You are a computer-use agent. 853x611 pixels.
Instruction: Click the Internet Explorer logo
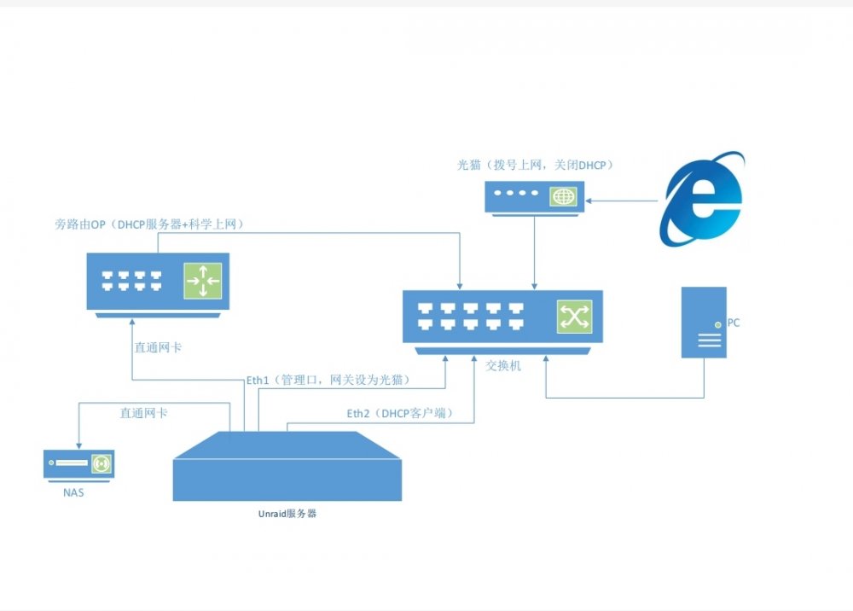pyautogui.click(x=702, y=199)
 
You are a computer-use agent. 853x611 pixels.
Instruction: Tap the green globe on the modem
pyautogui.click(x=564, y=196)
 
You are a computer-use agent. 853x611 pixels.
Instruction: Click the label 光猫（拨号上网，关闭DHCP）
pyautogui.click(x=536, y=165)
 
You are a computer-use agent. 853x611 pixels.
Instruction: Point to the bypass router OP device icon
pyautogui.click(x=158, y=285)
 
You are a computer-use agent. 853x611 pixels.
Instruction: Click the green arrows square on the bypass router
pyautogui.click(x=203, y=281)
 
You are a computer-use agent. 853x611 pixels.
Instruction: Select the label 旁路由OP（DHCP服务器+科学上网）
pyautogui.click(x=150, y=224)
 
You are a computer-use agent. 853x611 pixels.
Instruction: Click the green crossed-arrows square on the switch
pyautogui.click(x=574, y=317)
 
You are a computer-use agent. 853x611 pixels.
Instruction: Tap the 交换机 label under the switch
pyautogui.click(x=503, y=365)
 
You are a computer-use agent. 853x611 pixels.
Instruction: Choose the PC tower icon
pyautogui.click(x=704, y=322)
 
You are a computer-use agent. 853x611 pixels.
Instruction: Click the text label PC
pyautogui.click(x=734, y=323)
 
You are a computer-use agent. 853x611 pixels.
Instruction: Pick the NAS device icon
pyautogui.click(x=78, y=466)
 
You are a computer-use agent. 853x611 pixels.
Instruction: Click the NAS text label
pyautogui.click(x=73, y=492)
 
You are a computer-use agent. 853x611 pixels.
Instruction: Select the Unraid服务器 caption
pyautogui.click(x=287, y=514)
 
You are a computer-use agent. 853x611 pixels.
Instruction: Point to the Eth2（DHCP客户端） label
pyautogui.click(x=401, y=414)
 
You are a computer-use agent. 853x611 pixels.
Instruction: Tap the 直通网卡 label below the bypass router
pyautogui.click(x=159, y=347)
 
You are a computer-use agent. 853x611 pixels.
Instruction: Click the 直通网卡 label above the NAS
pyautogui.click(x=143, y=414)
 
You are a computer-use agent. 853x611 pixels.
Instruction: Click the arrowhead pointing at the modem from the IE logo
pyautogui.click(x=589, y=201)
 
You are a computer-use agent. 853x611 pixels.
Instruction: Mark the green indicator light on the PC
pyautogui.click(x=718, y=325)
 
